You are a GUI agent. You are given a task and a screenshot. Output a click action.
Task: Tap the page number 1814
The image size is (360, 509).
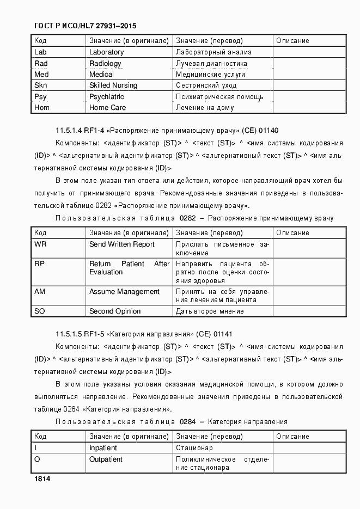pyautogui.click(x=42, y=479)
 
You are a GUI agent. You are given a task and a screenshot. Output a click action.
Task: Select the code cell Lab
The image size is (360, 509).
pyautogui.click(x=41, y=52)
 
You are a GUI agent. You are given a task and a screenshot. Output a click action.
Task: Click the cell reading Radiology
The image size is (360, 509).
pyautogui.click(x=105, y=64)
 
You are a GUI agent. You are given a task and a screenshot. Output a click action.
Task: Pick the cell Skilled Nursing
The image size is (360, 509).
pyautogui.click(x=113, y=85)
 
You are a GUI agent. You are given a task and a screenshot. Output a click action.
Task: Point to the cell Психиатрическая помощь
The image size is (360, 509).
pyautogui.click(x=219, y=97)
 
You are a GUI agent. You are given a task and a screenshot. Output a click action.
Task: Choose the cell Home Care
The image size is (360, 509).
pyautogui.click(x=107, y=108)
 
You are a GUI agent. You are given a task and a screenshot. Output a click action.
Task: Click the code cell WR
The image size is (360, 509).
pyautogui.click(x=40, y=244)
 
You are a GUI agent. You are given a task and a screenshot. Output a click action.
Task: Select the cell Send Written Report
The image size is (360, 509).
pyautogui.click(x=122, y=244)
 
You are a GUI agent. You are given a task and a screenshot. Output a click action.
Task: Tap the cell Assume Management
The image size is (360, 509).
pyautogui.click(x=124, y=292)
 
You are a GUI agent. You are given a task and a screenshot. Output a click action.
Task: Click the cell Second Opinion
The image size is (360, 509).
pyautogui.click(x=115, y=311)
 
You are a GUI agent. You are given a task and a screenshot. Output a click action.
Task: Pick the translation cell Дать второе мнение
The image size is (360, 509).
pyautogui.click(x=210, y=311)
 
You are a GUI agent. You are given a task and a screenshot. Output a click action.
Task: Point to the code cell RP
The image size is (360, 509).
pyautogui.click(x=39, y=263)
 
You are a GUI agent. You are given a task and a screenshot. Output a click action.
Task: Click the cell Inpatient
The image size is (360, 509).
pyautogui.click(x=103, y=448)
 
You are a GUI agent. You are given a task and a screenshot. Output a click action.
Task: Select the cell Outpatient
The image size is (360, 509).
pyautogui.click(x=106, y=459)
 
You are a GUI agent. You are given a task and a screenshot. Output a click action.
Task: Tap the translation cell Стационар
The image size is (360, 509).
pyautogui.click(x=194, y=448)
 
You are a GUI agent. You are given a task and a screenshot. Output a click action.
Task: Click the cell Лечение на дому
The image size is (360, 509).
pyautogui.click(x=205, y=108)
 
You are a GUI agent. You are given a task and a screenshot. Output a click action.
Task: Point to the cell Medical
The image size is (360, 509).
pyautogui.click(x=101, y=75)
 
